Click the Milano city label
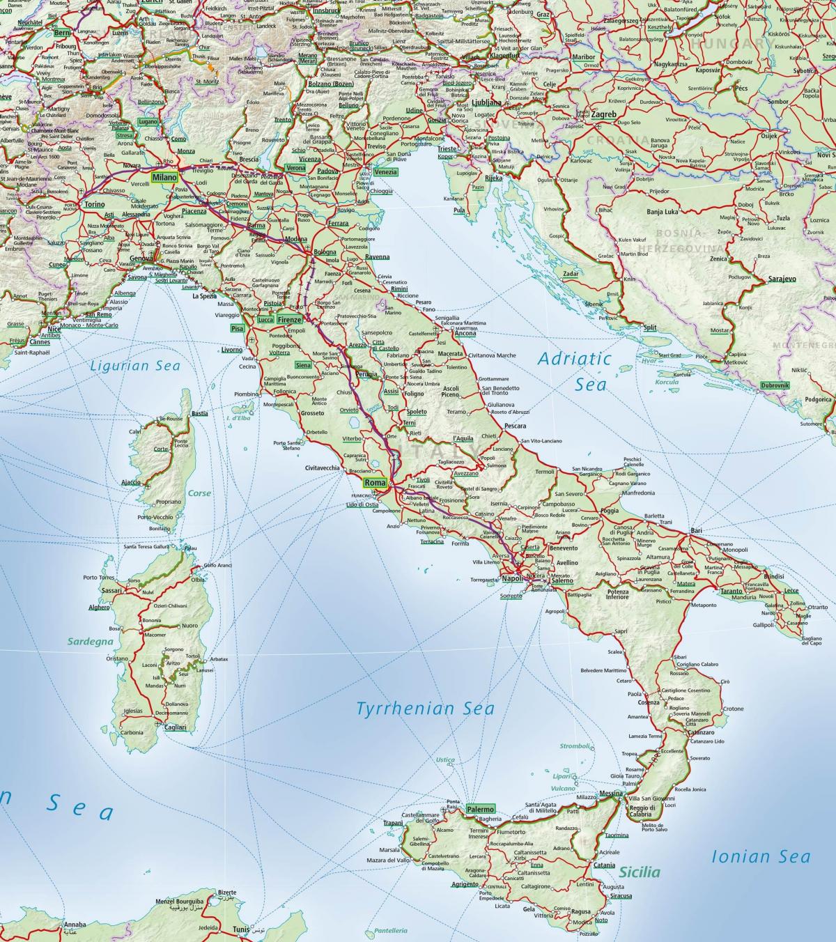[165, 178]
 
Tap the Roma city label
[375, 483]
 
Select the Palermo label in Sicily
[481, 809]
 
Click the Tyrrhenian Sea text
[425, 709]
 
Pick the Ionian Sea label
[761, 857]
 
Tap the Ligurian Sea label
[135, 366]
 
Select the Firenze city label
[289, 320]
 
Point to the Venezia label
[385, 172]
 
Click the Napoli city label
[512, 579]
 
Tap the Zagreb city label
[603, 114]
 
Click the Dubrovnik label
[775, 385]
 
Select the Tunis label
[241, 929]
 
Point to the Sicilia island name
[639, 872]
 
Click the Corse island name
[199, 493]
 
